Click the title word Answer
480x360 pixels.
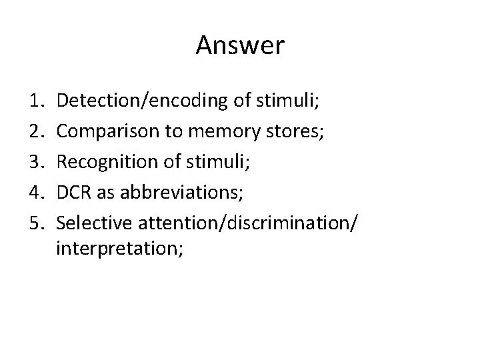[x=240, y=46]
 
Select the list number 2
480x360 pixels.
[x=38, y=131]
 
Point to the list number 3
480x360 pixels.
[x=38, y=161]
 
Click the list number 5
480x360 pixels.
[x=38, y=220]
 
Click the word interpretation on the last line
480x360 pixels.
[x=117, y=249]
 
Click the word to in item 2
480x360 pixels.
[x=175, y=131]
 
